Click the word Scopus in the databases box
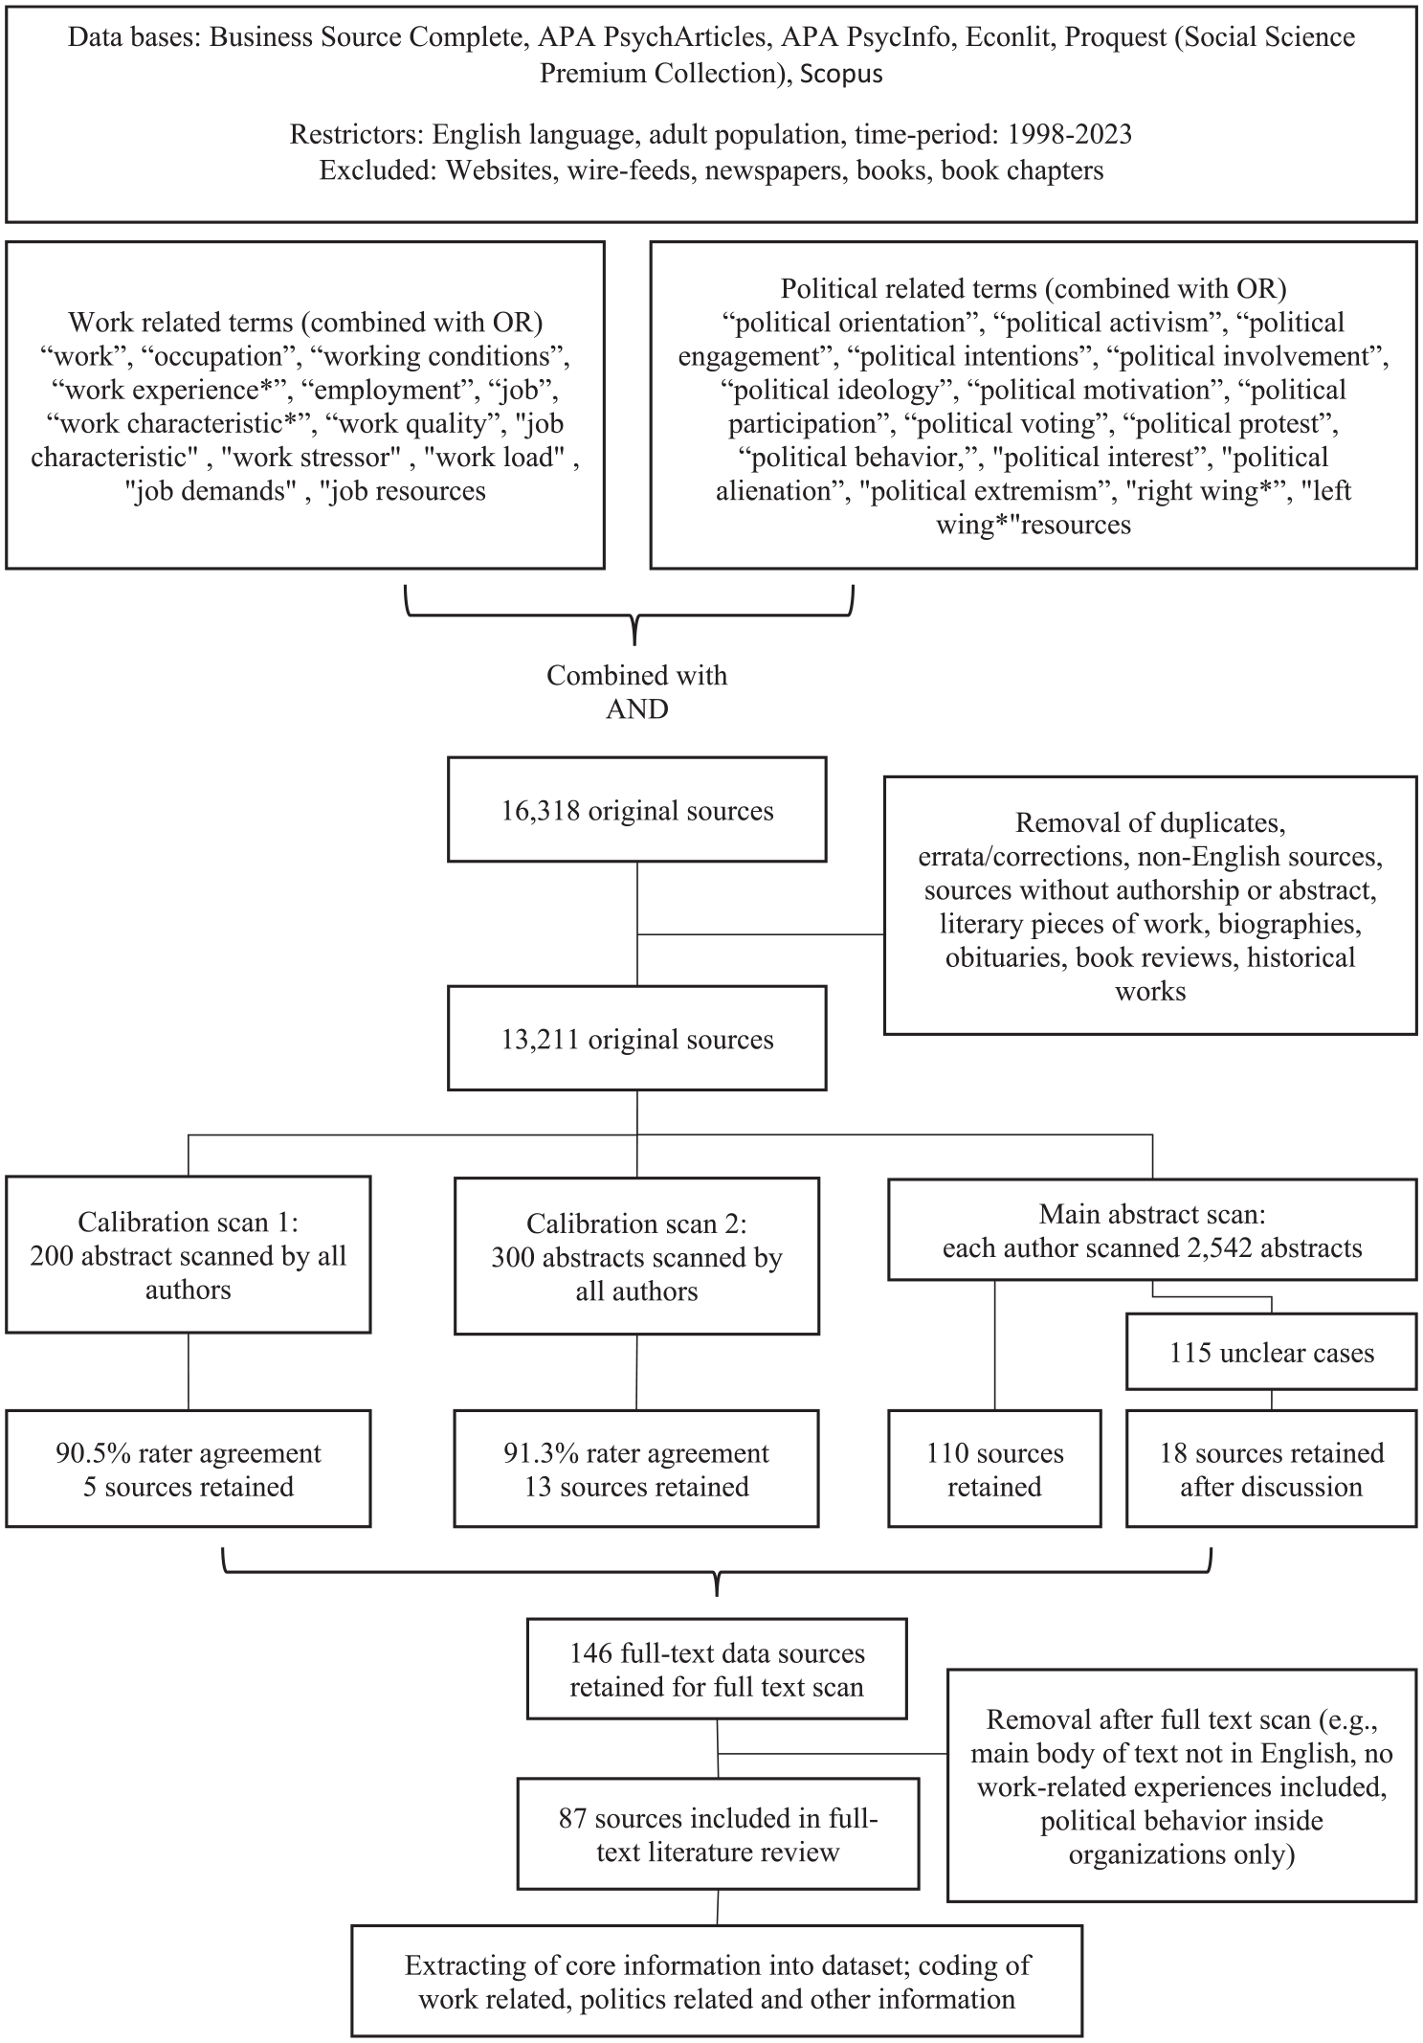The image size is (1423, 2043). (x=841, y=74)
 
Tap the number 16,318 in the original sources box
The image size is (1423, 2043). (x=542, y=811)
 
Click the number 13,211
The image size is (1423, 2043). (x=542, y=1040)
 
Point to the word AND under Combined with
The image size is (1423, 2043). (x=637, y=709)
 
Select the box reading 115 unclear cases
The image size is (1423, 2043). (x=1271, y=1352)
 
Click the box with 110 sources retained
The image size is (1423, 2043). (x=994, y=1469)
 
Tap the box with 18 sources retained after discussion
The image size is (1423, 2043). (x=1271, y=1469)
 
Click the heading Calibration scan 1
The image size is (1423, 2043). (x=189, y=1223)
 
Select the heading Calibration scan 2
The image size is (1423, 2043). (x=637, y=1224)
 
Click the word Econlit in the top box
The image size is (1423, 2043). (x=1011, y=38)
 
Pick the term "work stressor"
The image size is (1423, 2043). (x=311, y=458)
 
